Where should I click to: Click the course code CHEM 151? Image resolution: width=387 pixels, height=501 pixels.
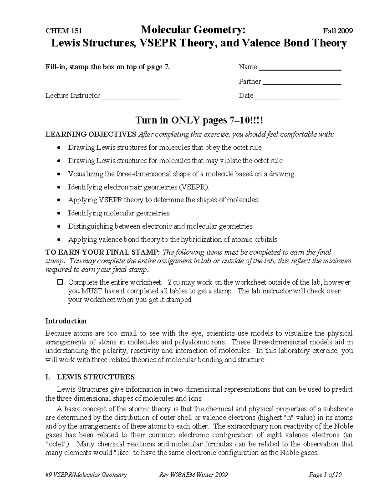(64, 31)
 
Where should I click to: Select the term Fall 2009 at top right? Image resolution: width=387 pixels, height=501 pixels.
(338, 31)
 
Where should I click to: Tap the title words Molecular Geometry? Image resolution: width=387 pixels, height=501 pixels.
(193, 30)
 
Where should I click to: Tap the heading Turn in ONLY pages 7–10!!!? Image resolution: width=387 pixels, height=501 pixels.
(199, 120)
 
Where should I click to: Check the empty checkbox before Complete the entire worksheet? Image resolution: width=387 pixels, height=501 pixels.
(60, 282)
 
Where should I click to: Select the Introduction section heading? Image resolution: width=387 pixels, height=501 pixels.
(66, 321)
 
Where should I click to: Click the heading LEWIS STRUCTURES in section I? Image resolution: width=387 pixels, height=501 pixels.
(95, 377)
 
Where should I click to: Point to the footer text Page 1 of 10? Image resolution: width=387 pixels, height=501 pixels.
(325, 475)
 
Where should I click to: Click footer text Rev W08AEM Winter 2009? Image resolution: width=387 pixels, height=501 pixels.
(193, 475)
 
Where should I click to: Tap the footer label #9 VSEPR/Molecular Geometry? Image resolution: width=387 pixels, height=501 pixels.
(86, 475)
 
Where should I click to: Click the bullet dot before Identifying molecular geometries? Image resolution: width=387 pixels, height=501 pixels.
(58, 214)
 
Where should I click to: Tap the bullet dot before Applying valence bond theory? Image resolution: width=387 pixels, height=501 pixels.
(58, 240)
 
